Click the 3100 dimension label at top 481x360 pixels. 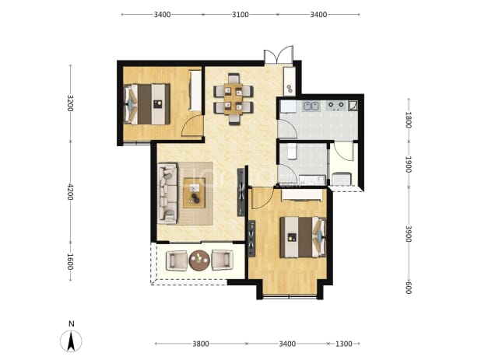240,15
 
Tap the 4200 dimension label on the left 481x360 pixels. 70,192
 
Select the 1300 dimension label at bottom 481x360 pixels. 343,344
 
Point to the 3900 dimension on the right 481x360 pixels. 409,234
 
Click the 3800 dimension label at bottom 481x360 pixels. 201,344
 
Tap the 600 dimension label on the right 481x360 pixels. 409,288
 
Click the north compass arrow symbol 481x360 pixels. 71,341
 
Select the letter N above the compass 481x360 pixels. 72,324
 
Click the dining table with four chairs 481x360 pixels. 233,99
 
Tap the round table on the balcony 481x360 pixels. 199,260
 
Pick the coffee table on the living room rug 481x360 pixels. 194,193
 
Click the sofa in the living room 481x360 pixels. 167,193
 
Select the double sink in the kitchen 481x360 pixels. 311,106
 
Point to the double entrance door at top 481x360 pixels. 279,54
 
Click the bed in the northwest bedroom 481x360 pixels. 147,104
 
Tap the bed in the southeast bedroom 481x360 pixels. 303,237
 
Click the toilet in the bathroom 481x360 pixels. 293,151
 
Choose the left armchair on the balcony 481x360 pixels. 177,260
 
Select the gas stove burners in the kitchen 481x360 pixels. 336,106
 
